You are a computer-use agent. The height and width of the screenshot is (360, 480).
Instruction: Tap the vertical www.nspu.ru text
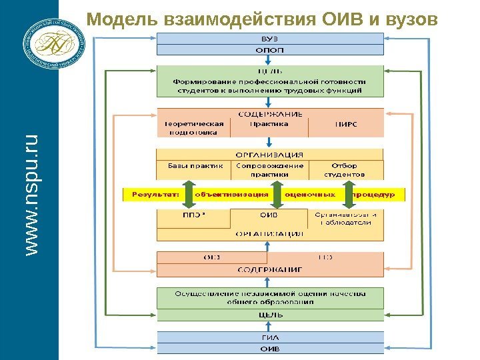[x=31, y=193]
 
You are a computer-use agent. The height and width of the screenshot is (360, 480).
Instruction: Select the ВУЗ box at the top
[x=270, y=39]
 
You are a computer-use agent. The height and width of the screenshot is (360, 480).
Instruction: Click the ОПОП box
[x=270, y=49]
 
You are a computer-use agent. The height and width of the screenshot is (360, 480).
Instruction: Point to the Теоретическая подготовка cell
[x=193, y=127]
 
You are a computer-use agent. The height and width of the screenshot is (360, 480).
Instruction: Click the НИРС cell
[x=345, y=123]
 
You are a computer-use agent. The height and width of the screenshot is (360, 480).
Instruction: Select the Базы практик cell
[x=193, y=166]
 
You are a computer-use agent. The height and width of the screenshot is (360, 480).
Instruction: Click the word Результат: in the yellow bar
[x=155, y=195]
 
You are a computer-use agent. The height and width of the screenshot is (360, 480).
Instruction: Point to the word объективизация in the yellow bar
[x=231, y=195]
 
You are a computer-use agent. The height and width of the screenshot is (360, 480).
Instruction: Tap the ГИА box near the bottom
[x=270, y=337]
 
